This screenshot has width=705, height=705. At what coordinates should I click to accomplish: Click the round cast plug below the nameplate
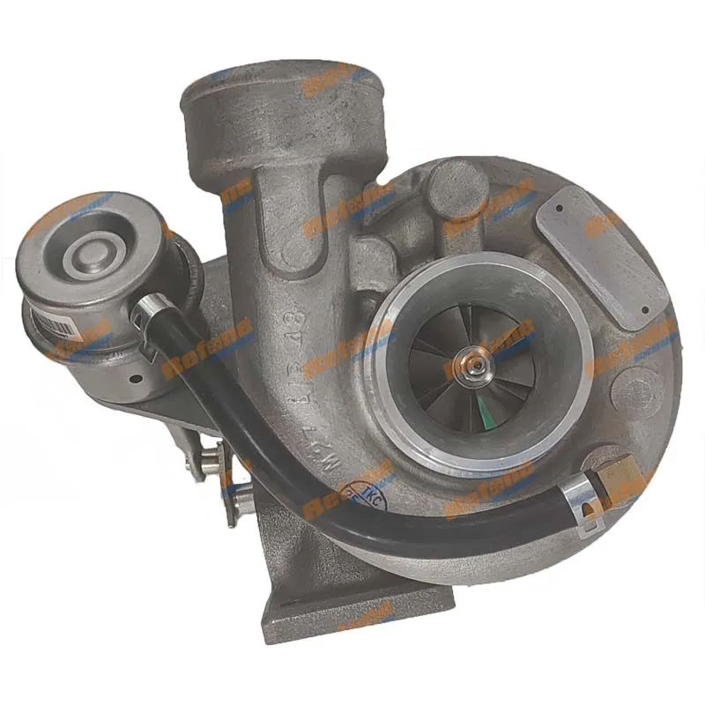[633, 388]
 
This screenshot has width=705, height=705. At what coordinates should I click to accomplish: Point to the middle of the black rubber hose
[291, 476]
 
